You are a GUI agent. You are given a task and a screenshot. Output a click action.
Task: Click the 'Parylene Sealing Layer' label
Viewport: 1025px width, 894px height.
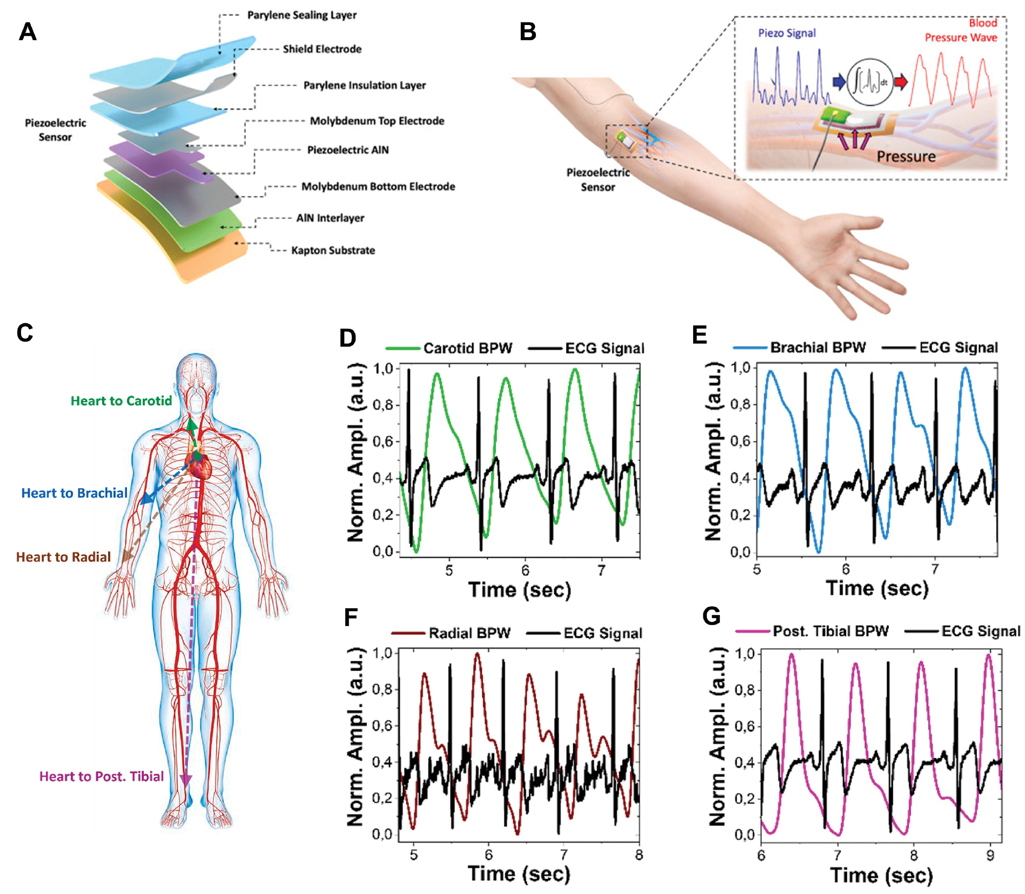302,15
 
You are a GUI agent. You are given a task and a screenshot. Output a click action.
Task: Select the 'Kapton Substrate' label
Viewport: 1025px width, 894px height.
333,250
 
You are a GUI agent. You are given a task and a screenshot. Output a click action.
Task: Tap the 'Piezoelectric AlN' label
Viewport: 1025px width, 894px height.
348,150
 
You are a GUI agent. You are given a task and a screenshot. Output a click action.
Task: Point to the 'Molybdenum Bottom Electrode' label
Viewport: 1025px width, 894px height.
378,186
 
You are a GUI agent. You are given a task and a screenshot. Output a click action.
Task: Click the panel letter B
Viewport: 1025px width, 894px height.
528,32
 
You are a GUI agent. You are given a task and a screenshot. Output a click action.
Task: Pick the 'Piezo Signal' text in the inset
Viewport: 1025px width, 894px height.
787,33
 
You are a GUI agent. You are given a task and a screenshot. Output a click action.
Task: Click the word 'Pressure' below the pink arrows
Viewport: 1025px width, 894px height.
906,156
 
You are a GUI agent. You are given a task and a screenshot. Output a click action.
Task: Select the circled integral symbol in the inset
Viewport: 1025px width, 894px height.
870,82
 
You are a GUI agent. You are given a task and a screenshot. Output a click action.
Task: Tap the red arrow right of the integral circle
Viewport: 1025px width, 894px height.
901,82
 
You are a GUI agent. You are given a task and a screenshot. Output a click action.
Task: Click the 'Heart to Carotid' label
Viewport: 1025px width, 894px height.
121,401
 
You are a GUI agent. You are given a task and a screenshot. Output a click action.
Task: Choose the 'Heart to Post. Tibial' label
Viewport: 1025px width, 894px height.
102,776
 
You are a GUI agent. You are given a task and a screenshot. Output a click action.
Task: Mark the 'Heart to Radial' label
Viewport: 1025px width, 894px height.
63,557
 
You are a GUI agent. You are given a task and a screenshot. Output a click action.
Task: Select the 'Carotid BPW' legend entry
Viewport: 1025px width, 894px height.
449,348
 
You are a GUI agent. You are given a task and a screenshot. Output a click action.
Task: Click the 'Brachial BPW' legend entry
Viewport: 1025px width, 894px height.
799,347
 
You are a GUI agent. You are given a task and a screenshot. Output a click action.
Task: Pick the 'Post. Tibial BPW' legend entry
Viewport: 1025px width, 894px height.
812,631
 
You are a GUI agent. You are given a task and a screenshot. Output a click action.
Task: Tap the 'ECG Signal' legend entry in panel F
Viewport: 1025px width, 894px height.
584,633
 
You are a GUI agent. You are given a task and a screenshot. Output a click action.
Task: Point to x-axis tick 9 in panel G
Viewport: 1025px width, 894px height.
990,855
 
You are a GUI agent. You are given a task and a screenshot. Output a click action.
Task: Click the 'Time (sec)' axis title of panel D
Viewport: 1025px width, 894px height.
520,590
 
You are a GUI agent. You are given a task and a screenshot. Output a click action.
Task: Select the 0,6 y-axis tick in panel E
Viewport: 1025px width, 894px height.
741,441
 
